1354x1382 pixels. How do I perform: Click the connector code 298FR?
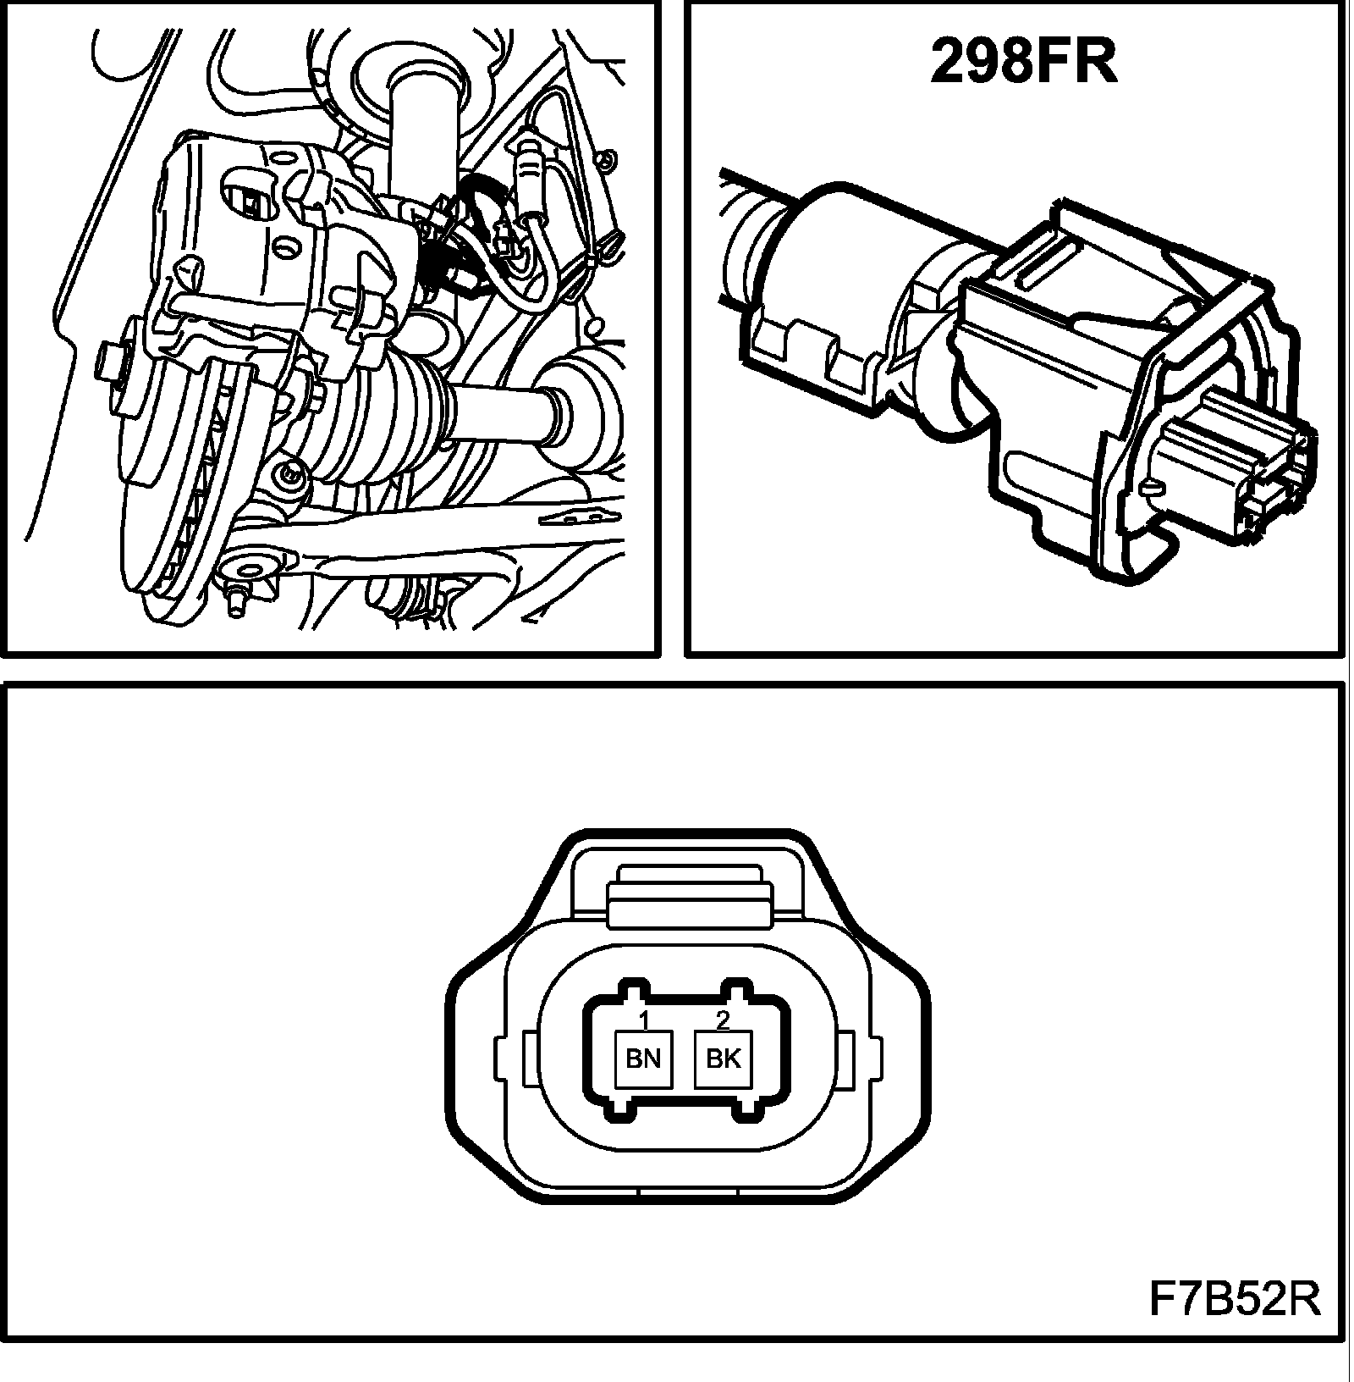pos(1023,63)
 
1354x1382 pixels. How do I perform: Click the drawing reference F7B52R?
pos(1235,1299)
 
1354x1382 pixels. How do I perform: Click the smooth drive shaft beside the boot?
pos(499,412)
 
